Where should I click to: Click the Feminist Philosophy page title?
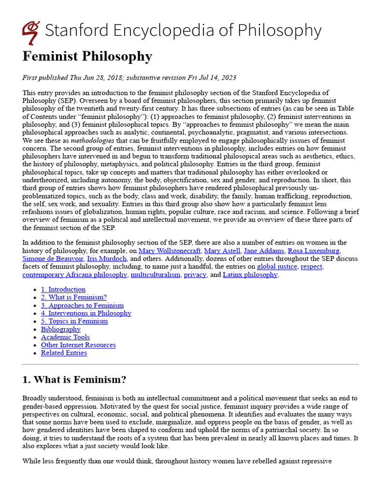click(87, 56)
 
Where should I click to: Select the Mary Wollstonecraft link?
click(169, 250)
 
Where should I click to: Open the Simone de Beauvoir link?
click(53, 259)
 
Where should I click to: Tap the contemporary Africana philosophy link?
click(74, 275)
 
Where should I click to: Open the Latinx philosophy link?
click(250, 275)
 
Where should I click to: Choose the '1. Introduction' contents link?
click(63, 289)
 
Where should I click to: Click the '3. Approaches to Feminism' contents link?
click(82, 305)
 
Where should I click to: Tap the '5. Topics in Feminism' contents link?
click(74, 321)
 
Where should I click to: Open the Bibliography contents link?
click(60, 329)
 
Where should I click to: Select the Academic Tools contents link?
click(65, 337)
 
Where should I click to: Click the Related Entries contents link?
click(64, 353)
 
